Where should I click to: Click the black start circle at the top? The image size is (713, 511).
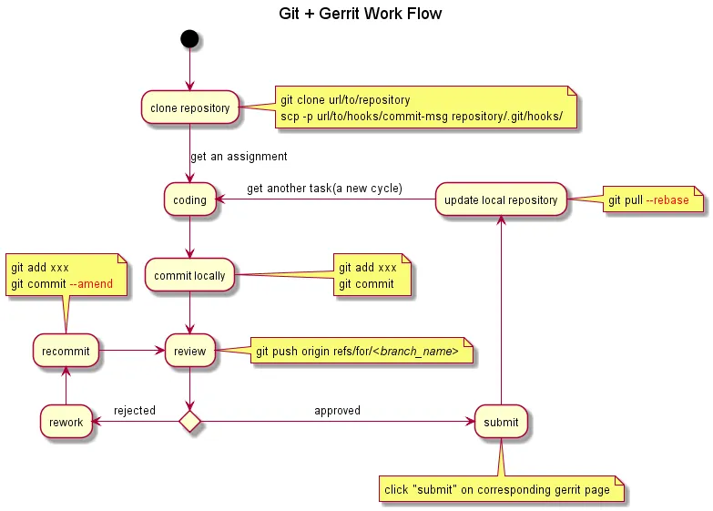point(189,39)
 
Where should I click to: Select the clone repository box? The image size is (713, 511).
point(190,108)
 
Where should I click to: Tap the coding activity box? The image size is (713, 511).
point(190,199)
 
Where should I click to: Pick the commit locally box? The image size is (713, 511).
point(190,275)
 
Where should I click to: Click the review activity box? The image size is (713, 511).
point(190,351)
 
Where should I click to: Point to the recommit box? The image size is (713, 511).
point(66,351)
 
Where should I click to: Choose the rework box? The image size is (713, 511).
point(66,422)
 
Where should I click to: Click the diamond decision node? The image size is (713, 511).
point(189,422)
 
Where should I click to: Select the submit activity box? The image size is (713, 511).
point(501,422)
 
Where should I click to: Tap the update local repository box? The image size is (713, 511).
point(501,199)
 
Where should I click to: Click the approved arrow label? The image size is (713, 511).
point(337,411)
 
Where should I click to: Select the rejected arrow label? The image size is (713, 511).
point(134,411)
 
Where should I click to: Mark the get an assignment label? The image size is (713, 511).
point(239,157)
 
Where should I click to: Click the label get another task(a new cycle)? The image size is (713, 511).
point(324,189)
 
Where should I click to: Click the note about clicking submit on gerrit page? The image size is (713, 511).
point(497,490)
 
